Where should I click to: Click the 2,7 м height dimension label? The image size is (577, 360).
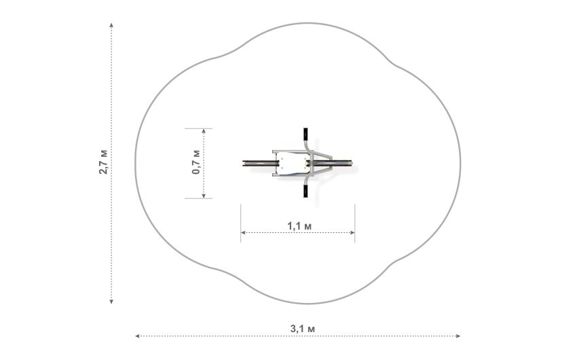(x=103, y=162)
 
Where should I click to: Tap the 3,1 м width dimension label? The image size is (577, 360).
(x=303, y=329)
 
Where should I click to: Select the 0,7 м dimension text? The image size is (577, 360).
(x=196, y=162)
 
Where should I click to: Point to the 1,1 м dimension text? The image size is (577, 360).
(x=299, y=226)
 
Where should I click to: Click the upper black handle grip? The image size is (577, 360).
(x=305, y=134)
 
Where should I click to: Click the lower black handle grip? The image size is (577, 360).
(x=305, y=191)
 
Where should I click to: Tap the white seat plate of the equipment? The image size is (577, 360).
(x=293, y=163)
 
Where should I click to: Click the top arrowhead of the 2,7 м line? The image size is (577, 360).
(x=111, y=25)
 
